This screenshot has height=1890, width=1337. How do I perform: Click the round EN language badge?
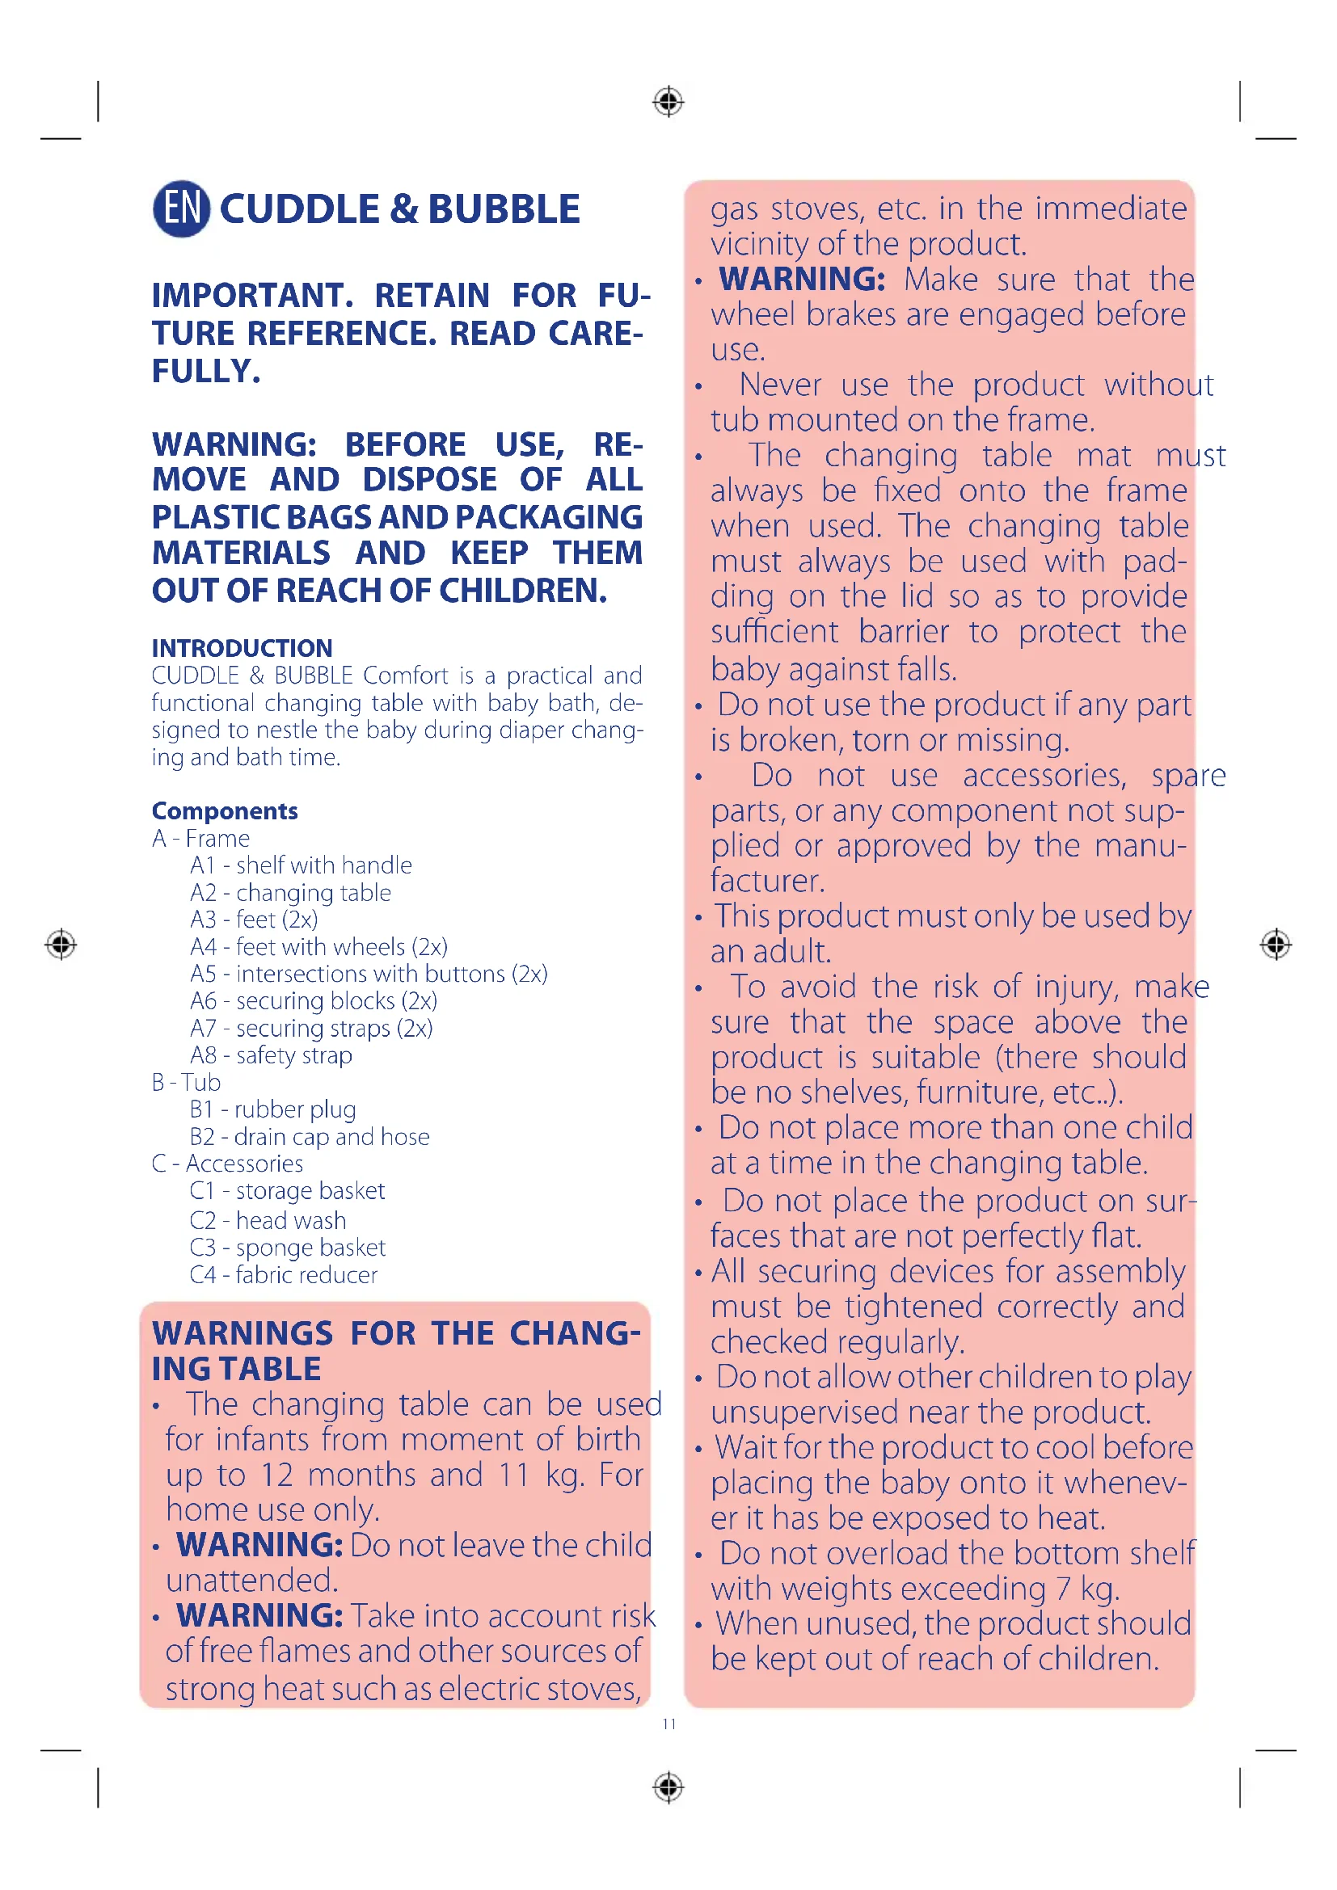(181, 208)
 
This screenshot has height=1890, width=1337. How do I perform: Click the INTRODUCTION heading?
(242, 648)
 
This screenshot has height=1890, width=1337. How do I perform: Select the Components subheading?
(225, 810)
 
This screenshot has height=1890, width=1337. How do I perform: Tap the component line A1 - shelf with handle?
(301, 865)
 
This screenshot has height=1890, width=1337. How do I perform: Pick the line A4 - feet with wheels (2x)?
(318, 947)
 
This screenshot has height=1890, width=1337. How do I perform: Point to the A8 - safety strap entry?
(271, 1055)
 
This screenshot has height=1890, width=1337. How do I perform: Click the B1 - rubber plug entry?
(272, 1109)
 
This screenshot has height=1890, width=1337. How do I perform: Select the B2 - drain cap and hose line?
(310, 1137)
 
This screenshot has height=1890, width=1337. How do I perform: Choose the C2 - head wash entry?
(268, 1220)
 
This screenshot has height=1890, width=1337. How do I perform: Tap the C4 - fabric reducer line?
(283, 1275)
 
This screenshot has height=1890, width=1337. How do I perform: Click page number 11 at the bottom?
(668, 1724)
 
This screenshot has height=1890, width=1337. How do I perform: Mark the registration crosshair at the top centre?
(668, 102)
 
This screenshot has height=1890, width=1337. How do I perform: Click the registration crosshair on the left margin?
(61, 944)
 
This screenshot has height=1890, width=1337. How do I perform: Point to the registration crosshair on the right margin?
(1276, 944)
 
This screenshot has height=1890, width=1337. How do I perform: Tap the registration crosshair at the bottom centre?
(668, 1787)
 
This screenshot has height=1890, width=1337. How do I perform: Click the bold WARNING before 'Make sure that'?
(802, 279)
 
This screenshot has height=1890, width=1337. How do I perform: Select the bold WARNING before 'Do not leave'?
(259, 1545)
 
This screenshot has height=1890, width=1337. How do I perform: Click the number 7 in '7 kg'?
(1065, 1589)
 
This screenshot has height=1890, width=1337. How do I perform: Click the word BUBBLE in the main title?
(504, 209)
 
